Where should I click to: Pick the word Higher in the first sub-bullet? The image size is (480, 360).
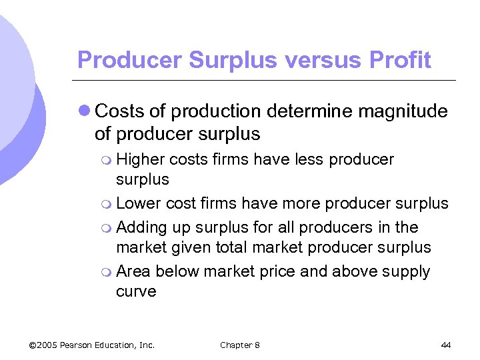point(141,160)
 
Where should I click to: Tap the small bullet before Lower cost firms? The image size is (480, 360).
point(109,203)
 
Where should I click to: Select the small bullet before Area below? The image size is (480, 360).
point(109,273)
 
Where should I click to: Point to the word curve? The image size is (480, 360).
point(136,292)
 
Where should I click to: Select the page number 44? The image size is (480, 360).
point(446,345)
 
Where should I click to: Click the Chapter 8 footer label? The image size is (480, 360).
point(240,345)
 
